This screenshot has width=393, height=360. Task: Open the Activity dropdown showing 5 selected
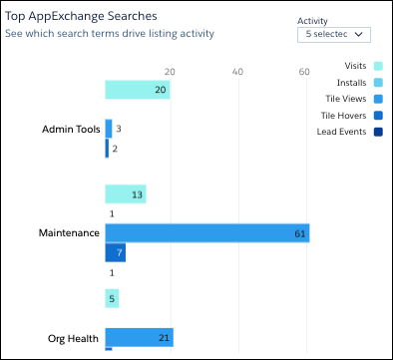[x=334, y=34]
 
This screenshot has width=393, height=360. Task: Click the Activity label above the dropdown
[x=313, y=19]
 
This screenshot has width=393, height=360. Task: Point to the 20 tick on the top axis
[x=170, y=71]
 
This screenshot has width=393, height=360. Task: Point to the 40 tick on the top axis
[x=237, y=71]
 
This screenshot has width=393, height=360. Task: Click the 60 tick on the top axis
[x=304, y=71]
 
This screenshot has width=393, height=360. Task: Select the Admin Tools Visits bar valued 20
[x=137, y=90]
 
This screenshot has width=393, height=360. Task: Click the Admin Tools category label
[x=71, y=130]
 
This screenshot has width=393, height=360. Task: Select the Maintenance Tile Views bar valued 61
[x=206, y=233]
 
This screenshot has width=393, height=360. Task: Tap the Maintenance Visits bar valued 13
[x=126, y=194]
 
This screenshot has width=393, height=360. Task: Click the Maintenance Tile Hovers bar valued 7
[x=116, y=252]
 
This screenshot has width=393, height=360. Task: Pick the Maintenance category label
[x=69, y=233]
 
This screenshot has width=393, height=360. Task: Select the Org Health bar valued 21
[x=139, y=338]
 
